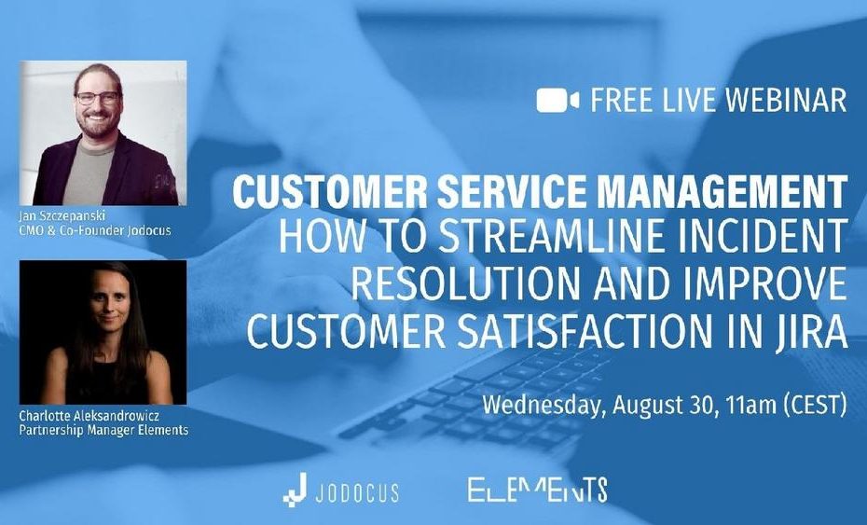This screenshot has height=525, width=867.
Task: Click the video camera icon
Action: pos(557,101)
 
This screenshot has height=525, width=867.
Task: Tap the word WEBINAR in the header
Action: pos(785,100)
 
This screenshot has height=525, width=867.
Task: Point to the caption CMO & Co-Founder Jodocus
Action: pos(94,230)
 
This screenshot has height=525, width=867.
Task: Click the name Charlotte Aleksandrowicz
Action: pos(89,415)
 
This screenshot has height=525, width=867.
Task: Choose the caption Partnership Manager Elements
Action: pos(103,430)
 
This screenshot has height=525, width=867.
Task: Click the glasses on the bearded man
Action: pos(98,98)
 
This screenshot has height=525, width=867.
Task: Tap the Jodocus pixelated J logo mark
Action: pos(295,489)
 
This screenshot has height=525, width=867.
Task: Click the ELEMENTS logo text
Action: pos(538,489)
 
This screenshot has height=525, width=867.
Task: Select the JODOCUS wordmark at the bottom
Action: pos(357,491)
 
